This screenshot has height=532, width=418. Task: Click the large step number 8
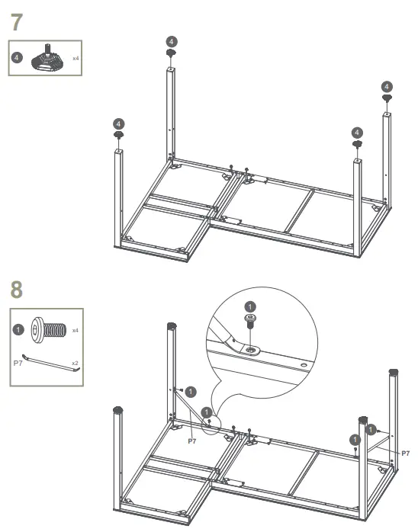[x=18, y=290]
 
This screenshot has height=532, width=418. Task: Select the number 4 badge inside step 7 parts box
[x=19, y=58]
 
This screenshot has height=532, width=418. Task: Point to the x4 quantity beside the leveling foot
[x=76, y=57]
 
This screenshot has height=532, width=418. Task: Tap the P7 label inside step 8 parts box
[x=19, y=364]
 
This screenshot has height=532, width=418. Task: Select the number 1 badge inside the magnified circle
[x=249, y=306]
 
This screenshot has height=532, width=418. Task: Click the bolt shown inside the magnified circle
[x=249, y=320]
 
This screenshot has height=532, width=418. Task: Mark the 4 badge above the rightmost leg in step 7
[x=387, y=87]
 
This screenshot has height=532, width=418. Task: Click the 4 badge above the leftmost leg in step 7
[x=118, y=123]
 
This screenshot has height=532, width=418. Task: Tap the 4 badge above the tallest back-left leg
[x=171, y=40]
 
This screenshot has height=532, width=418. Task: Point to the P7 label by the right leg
[x=404, y=453]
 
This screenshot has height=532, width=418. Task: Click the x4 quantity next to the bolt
[x=75, y=331]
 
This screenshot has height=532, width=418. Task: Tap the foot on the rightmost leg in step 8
[x=394, y=374]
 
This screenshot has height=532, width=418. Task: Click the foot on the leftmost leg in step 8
[x=118, y=410]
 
